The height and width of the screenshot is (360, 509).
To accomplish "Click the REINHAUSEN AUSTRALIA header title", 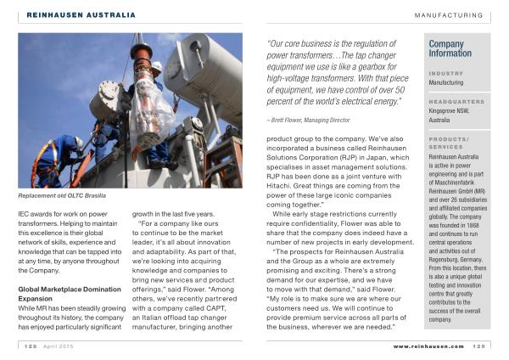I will click(81, 15).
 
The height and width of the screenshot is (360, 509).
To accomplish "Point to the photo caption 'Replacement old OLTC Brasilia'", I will click(62, 195).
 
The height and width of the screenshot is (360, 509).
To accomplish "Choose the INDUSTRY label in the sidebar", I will click(446, 73).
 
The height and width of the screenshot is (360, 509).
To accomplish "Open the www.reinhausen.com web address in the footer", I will click(428, 346).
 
